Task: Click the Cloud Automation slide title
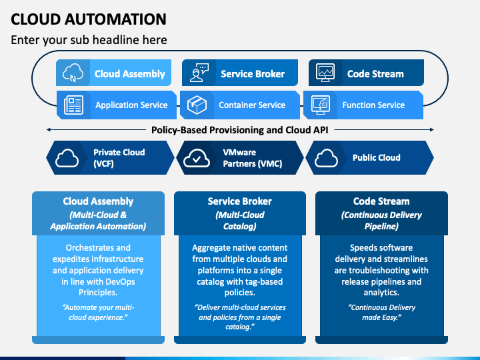pyautogui.click(x=89, y=19)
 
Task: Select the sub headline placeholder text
pyautogui.click(x=89, y=40)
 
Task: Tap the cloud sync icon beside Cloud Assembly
pyautogui.click(x=73, y=73)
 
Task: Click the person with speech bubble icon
pyautogui.click(x=199, y=73)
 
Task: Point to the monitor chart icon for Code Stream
pyautogui.click(x=325, y=73)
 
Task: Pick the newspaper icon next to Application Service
pyautogui.click(x=73, y=105)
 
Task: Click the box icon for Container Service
pyautogui.click(x=197, y=105)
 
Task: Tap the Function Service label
pyautogui.click(x=373, y=105)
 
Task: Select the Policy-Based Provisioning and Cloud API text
pyautogui.click(x=240, y=130)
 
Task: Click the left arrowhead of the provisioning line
pyautogui.click(x=48, y=130)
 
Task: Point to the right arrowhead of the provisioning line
pyautogui.click(x=432, y=130)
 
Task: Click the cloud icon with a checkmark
pyautogui.click(x=197, y=158)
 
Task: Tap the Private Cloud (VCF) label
pyautogui.click(x=119, y=158)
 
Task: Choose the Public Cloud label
pyautogui.click(x=376, y=157)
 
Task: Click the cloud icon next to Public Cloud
pyautogui.click(x=326, y=158)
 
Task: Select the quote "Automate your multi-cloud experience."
pyautogui.click(x=98, y=312)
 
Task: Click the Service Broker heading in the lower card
pyautogui.click(x=240, y=201)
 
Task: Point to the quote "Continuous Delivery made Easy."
pyautogui.click(x=381, y=312)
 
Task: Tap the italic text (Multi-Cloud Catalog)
pyautogui.click(x=240, y=221)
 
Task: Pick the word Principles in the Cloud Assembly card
pyautogui.click(x=98, y=293)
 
